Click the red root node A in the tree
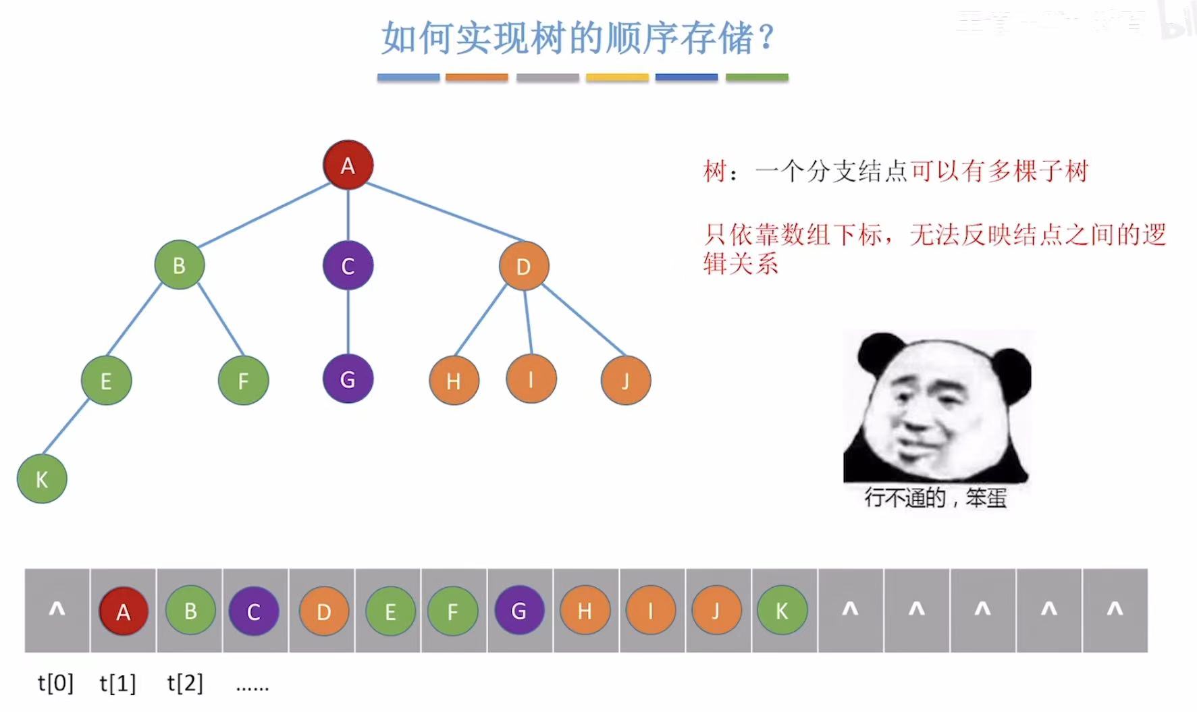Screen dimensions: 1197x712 coord(348,165)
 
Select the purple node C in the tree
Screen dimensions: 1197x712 coord(348,265)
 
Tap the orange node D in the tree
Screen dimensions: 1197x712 coord(524,266)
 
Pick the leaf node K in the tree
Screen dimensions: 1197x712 coord(42,479)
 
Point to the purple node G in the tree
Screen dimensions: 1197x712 coord(348,379)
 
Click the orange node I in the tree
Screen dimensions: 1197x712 coord(531,379)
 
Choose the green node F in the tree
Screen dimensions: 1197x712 coord(243,381)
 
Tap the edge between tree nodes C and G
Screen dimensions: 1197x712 coord(348,322)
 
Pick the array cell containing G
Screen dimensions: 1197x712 coord(519,611)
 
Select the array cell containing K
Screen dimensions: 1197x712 coord(782,611)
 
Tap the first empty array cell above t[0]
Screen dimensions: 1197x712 coord(57,611)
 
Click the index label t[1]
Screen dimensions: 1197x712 coord(117,684)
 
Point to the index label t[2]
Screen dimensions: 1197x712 coord(185,684)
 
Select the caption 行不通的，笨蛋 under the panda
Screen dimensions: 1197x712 coord(936,498)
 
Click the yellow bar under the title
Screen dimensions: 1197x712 coord(617,78)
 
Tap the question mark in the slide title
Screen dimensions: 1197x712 coord(766,38)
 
